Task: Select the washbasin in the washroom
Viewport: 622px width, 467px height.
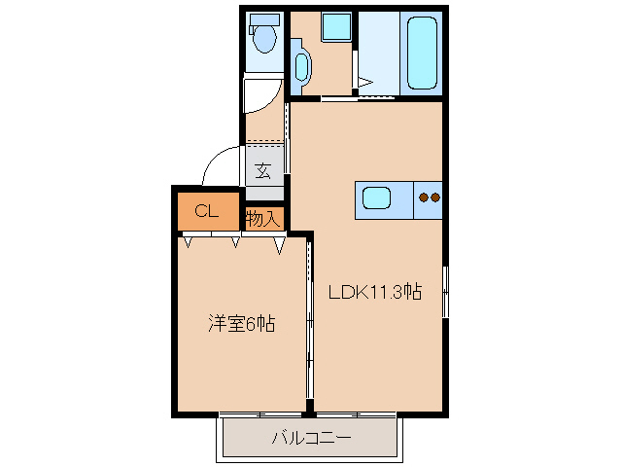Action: tap(301, 66)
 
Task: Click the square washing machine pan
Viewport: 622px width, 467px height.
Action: tap(336, 26)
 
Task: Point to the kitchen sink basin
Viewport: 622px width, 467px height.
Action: tap(376, 198)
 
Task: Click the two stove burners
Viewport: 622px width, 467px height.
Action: tap(429, 198)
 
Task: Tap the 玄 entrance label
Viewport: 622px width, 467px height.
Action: tap(262, 171)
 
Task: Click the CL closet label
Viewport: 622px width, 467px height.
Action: tap(205, 211)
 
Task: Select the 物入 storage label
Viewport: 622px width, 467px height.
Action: tap(262, 219)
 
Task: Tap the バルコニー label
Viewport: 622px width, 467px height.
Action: tap(310, 438)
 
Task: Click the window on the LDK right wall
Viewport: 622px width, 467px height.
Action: tap(446, 290)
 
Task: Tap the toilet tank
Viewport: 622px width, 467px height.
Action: tap(263, 19)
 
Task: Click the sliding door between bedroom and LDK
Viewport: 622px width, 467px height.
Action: tap(309, 321)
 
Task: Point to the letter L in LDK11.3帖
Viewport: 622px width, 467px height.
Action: tap(333, 291)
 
